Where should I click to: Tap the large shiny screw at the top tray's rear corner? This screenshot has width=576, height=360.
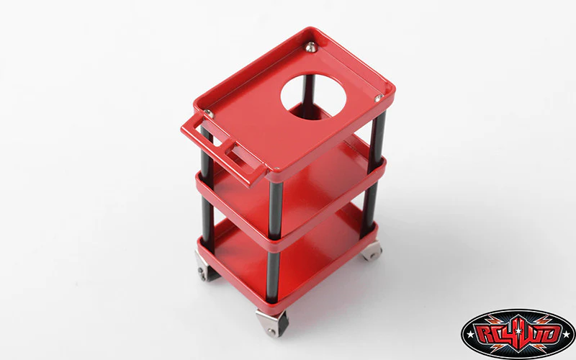tap(311, 47)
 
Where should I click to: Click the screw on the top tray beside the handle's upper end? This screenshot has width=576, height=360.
tap(209, 114)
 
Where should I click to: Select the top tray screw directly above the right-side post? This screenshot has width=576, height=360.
tap(379, 98)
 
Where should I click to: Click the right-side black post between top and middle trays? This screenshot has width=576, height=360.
tap(376, 141)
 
